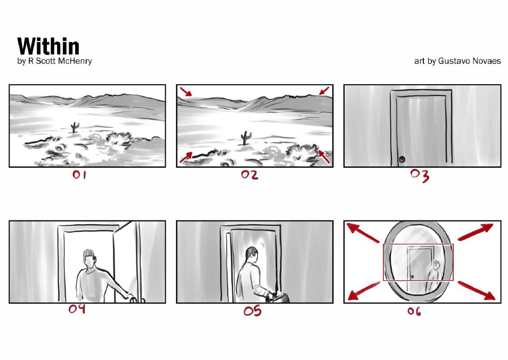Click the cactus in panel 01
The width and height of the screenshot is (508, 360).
tap(75, 127)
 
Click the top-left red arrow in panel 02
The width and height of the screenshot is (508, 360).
tap(186, 92)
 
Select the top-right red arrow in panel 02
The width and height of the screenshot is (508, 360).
tap(324, 91)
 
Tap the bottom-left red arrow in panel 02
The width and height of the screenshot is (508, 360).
tap(186, 157)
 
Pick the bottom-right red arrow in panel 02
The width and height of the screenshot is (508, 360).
tap(324, 157)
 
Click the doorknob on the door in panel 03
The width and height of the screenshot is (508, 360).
tap(402, 159)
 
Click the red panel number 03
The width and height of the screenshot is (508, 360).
tap(420, 175)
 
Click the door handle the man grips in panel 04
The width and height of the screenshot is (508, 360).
tap(134, 299)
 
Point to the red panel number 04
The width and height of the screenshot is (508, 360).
tap(77, 308)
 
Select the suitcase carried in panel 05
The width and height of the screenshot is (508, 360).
tap(278, 298)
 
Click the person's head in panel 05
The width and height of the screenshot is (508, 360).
tap(252, 255)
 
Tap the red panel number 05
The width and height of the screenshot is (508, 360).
tap(252, 311)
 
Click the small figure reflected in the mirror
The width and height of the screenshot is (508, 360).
tap(434, 275)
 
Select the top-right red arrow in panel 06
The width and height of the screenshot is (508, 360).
tap(475, 232)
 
